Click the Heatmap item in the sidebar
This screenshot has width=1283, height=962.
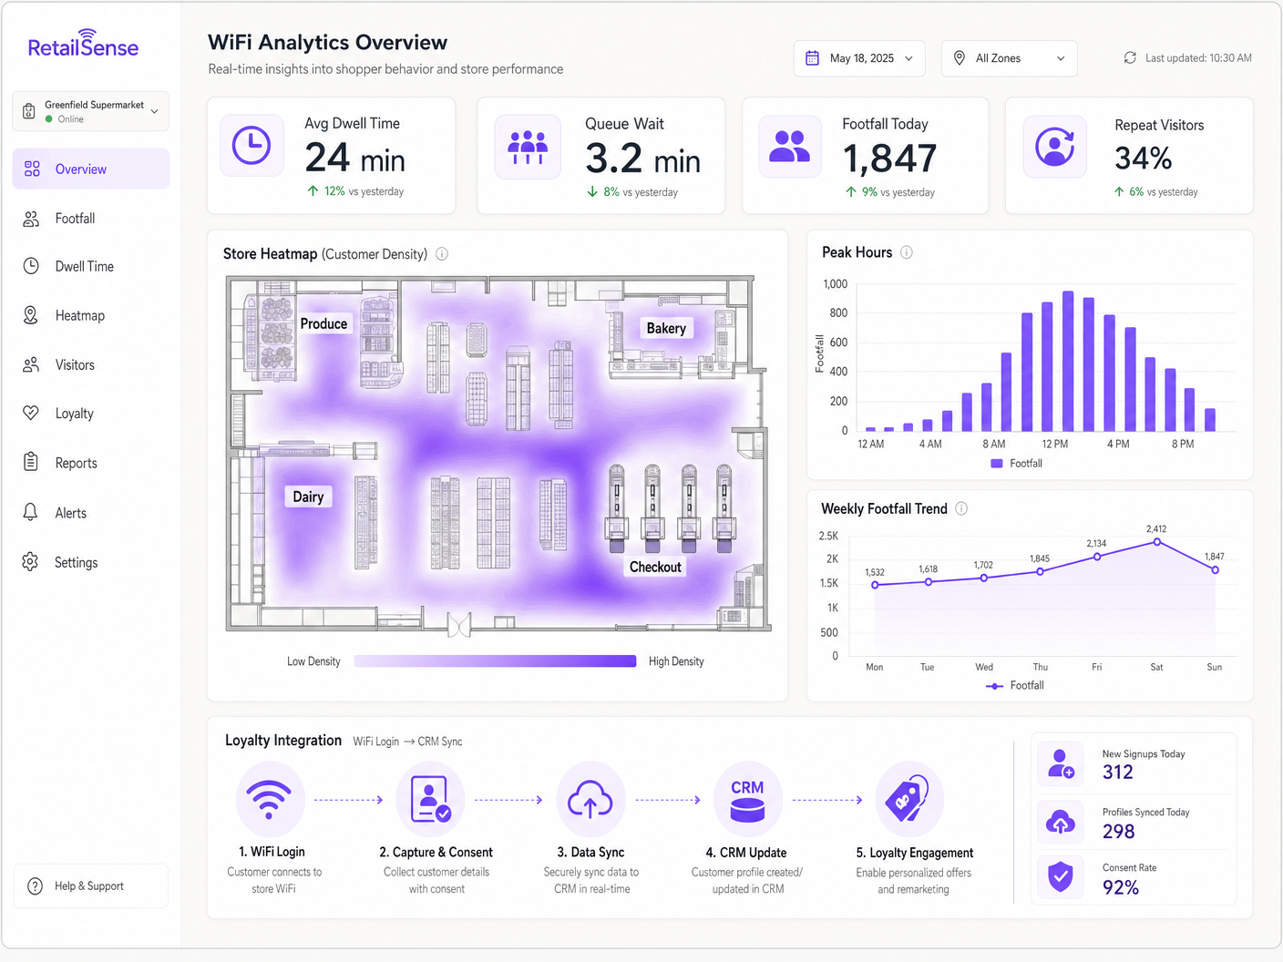point(79,315)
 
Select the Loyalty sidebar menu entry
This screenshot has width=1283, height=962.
point(74,414)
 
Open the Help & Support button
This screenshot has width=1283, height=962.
point(89,885)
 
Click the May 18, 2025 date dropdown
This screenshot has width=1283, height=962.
point(859,58)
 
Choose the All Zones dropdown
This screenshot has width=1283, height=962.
point(1009,58)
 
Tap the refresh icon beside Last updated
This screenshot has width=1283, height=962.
point(1130,57)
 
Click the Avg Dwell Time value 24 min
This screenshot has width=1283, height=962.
point(354,159)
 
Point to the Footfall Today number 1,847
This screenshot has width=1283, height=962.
point(889,159)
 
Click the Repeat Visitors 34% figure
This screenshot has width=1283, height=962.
point(1143,159)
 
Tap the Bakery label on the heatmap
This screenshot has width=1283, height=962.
point(666,328)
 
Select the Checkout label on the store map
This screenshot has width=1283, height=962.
point(655,567)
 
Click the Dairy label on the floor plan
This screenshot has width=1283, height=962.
point(308,496)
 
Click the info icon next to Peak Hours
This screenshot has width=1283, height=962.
point(907,252)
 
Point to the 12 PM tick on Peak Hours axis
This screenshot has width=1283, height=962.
point(1055,444)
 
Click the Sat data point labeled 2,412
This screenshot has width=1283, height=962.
point(1157,542)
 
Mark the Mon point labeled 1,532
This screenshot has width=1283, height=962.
point(875,585)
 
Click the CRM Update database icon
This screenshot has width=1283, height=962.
point(747,800)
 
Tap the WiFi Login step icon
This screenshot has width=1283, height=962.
point(271,800)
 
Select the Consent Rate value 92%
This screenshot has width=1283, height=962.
point(1121,887)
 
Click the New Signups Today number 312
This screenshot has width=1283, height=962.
point(1118,773)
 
